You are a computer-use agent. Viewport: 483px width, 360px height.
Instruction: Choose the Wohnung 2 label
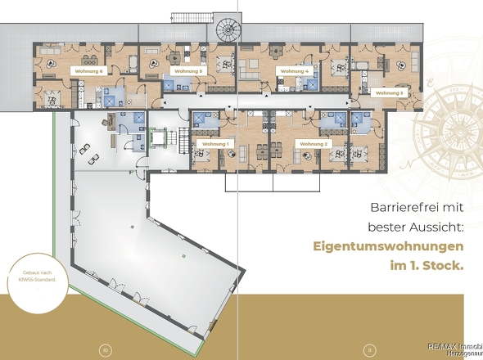click(313, 144)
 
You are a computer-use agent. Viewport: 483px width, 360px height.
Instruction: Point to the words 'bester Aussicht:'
click(412, 224)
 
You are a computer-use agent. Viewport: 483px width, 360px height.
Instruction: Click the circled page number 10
click(105, 350)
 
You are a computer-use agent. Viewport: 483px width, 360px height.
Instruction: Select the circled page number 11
click(370, 350)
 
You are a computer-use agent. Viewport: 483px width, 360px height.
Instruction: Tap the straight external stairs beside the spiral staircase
click(185, 17)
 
